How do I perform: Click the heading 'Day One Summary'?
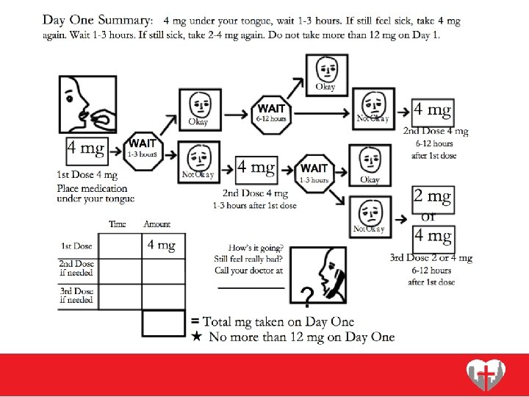click(98, 20)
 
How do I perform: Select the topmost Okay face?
click(325, 72)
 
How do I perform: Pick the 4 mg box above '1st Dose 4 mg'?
click(86, 150)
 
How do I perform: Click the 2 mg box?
click(432, 197)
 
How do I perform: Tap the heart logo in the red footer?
click(486, 376)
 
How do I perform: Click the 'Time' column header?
click(118, 224)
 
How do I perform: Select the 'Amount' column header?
click(156, 224)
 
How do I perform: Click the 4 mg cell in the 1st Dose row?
click(162, 246)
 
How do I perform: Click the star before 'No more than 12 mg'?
click(196, 337)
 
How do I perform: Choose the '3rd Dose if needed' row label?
click(77, 296)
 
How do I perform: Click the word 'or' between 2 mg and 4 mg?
click(428, 217)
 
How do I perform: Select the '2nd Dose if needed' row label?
click(77, 268)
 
